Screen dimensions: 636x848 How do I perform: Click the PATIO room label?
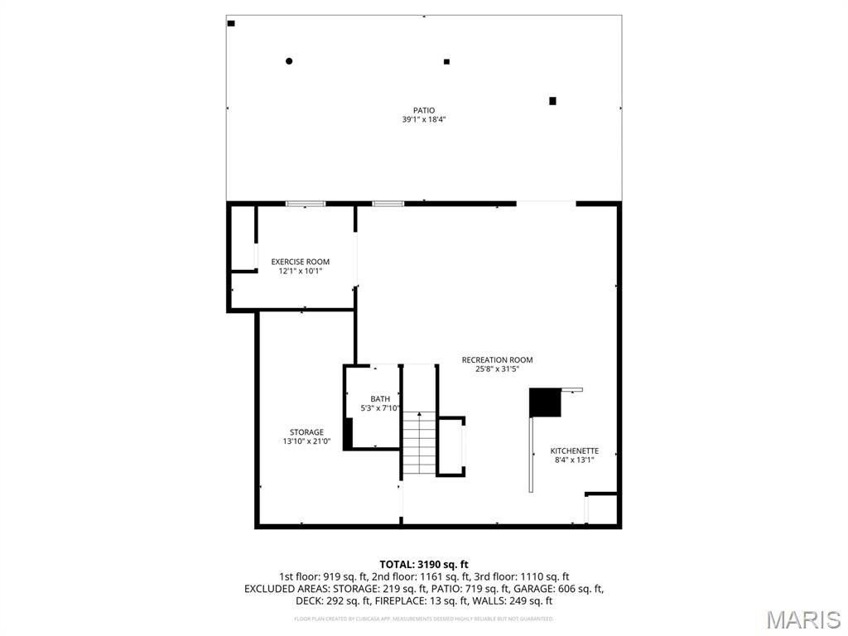[x=424, y=110]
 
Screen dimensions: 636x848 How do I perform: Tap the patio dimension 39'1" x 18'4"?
[x=424, y=120]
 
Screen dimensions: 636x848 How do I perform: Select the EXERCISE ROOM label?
[x=301, y=262]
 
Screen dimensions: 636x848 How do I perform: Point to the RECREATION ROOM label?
[x=497, y=359]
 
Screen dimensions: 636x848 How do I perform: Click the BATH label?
[x=380, y=399]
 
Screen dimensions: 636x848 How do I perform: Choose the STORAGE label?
[x=306, y=432]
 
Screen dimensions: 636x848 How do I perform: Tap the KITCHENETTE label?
[x=575, y=451]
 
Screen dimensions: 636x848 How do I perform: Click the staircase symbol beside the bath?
[x=419, y=442]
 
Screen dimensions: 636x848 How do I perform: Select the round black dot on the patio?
[x=289, y=60]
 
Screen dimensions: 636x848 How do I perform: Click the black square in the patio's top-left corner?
[x=231, y=23]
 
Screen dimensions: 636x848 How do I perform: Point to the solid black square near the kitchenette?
[x=545, y=403]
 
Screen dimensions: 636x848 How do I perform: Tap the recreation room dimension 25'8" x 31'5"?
[x=497, y=369]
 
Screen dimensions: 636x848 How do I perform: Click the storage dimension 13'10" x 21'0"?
[x=306, y=441]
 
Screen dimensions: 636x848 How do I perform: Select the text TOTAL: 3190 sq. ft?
[x=424, y=565]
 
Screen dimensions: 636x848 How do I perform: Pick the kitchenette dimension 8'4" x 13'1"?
[x=575, y=460]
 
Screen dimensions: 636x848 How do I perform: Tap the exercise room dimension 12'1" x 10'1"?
[x=301, y=271]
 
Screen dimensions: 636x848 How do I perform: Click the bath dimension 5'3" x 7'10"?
[x=380, y=408]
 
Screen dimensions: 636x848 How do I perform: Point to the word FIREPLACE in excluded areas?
[x=333, y=601]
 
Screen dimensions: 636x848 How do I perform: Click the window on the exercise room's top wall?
[x=306, y=203]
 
